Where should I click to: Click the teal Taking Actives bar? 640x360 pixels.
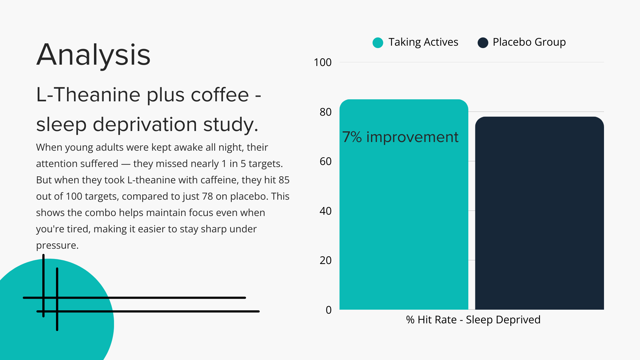tap(404, 204)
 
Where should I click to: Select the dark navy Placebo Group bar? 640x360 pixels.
tap(539, 213)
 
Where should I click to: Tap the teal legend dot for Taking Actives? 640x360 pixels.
tap(378, 43)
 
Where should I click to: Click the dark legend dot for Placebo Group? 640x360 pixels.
tap(483, 43)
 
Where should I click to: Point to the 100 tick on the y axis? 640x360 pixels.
tap(322, 62)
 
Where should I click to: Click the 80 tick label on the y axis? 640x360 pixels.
tap(325, 112)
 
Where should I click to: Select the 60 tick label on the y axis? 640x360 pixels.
tap(325, 161)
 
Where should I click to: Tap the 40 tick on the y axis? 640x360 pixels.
tap(325, 211)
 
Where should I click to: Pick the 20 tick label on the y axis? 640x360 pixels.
tap(325, 260)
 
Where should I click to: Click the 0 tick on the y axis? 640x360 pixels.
tap(329, 310)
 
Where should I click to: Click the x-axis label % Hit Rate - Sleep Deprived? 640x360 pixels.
tap(473, 320)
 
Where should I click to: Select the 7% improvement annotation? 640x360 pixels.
tap(400, 137)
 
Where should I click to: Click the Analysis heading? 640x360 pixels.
tap(93, 55)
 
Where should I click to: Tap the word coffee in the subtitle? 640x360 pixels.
tap(220, 95)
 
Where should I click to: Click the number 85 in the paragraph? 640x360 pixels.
tap(284, 180)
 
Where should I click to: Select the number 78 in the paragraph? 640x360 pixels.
tap(207, 196)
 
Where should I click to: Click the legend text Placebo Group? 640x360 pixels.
tap(529, 42)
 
